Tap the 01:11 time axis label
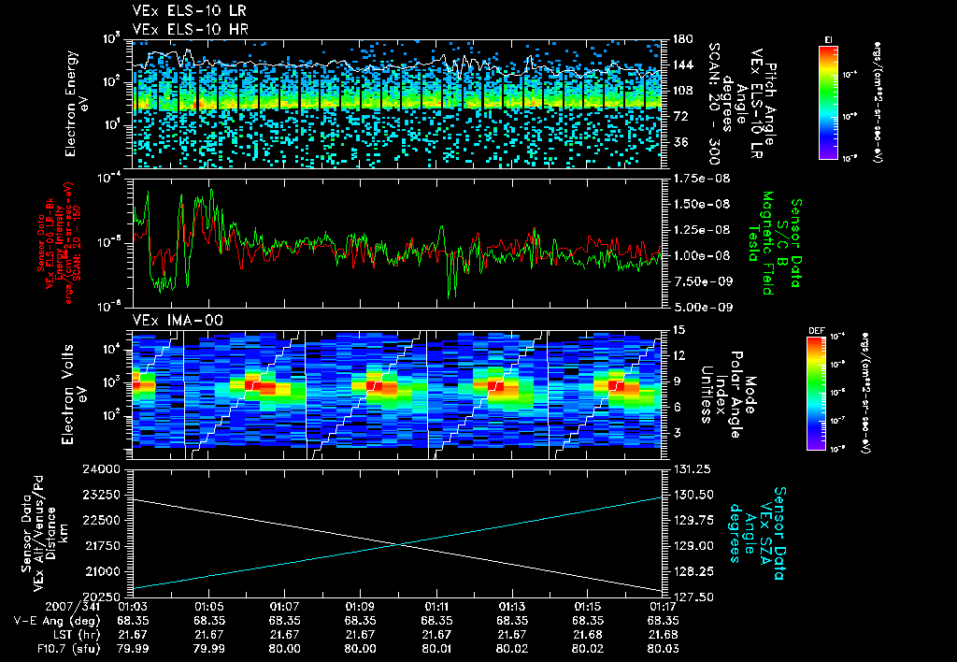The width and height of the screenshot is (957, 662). tap(436, 607)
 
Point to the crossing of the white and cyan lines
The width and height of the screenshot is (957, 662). tap(399, 545)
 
